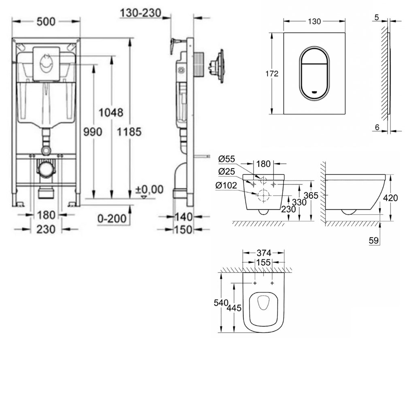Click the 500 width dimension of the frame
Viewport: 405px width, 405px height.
coord(46,22)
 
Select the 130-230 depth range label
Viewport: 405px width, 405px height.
coord(141,13)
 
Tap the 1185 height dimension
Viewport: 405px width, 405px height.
coord(130,132)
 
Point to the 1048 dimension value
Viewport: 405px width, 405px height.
coord(111,113)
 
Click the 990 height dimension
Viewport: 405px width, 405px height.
coord(93,132)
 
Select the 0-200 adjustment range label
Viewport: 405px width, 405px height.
coord(112,219)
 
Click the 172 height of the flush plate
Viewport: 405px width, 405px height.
coord(272,74)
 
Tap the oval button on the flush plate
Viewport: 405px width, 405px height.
coord(315,73)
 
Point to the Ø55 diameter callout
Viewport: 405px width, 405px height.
coord(226,159)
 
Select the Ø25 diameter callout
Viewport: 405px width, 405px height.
coord(226,171)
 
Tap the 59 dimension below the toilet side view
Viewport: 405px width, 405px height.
coord(374,241)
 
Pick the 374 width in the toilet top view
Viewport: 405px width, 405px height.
coord(264,253)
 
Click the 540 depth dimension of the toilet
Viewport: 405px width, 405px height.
coord(221,303)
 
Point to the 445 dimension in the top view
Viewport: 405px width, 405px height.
coord(234,308)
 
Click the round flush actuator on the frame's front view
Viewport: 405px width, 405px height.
coord(46,64)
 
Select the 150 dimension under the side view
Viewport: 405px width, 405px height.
coord(183,230)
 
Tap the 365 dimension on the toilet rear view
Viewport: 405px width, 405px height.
coord(311,196)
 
